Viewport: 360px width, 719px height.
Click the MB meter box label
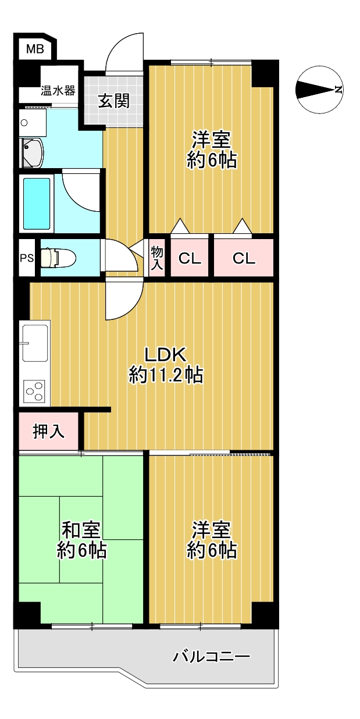[x=35, y=49]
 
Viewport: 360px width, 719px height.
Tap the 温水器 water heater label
[x=58, y=91]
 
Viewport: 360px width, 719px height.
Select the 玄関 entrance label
[x=114, y=101]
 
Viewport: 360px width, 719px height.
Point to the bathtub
[x=37, y=204]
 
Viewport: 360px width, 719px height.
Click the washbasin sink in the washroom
[x=32, y=153]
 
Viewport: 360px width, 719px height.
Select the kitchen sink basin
[x=35, y=343]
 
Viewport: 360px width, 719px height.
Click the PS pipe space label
[x=27, y=258]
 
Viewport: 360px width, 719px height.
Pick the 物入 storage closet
[x=157, y=258]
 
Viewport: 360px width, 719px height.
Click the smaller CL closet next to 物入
[x=190, y=258]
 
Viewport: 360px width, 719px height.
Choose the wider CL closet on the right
[x=244, y=258]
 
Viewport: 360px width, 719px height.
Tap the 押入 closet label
[x=49, y=431]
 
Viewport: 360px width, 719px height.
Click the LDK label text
[x=165, y=355]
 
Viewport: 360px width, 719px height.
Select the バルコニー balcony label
[x=211, y=648]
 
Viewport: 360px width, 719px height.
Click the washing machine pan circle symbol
[x=24, y=122]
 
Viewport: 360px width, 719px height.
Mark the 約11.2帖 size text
[x=166, y=375]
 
